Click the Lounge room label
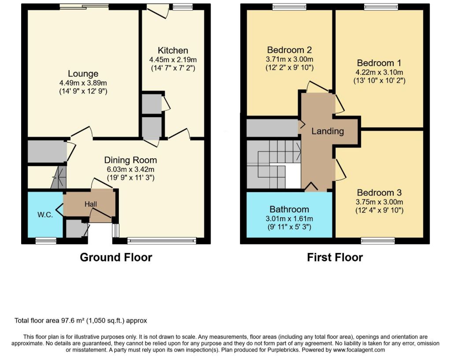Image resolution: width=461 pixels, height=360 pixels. (83, 74)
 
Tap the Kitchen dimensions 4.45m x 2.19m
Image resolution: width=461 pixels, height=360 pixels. (173, 59)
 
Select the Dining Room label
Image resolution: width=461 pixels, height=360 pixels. (130, 160)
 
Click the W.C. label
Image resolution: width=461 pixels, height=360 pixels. (45, 215)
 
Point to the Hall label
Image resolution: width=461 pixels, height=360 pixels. (91, 204)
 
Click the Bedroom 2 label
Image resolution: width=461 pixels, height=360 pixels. (289, 50)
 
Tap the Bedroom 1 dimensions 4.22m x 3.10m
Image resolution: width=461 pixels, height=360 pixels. (379, 72)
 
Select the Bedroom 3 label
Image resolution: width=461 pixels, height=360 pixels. (379, 193)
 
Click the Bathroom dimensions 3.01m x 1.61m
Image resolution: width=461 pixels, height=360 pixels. (289, 219)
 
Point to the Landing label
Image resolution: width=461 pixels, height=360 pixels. (328, 131)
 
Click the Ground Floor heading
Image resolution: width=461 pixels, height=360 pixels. (116, 257)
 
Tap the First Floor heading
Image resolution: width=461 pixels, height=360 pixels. (335, 257)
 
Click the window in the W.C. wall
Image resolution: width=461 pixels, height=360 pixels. (46, 241)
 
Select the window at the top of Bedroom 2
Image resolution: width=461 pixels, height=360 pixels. (289, 7)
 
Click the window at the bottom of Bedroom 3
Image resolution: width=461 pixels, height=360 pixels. (378, 241)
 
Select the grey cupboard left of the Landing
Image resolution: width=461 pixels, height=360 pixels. (272, 128)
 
